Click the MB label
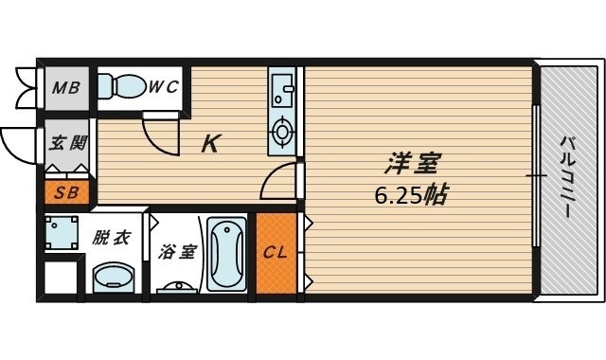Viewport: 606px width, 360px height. click(65, 89)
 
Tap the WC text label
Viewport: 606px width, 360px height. click(165, 88)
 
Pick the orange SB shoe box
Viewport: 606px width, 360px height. click(66, 194)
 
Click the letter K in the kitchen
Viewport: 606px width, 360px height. click(211, 144)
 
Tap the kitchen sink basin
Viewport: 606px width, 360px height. click(281, 90)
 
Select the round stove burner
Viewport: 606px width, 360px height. click(282, 132)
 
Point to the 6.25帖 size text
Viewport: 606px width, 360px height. click(410, 197)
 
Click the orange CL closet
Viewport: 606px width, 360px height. click(276, 253)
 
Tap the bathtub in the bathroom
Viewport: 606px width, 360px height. click(226, 254)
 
